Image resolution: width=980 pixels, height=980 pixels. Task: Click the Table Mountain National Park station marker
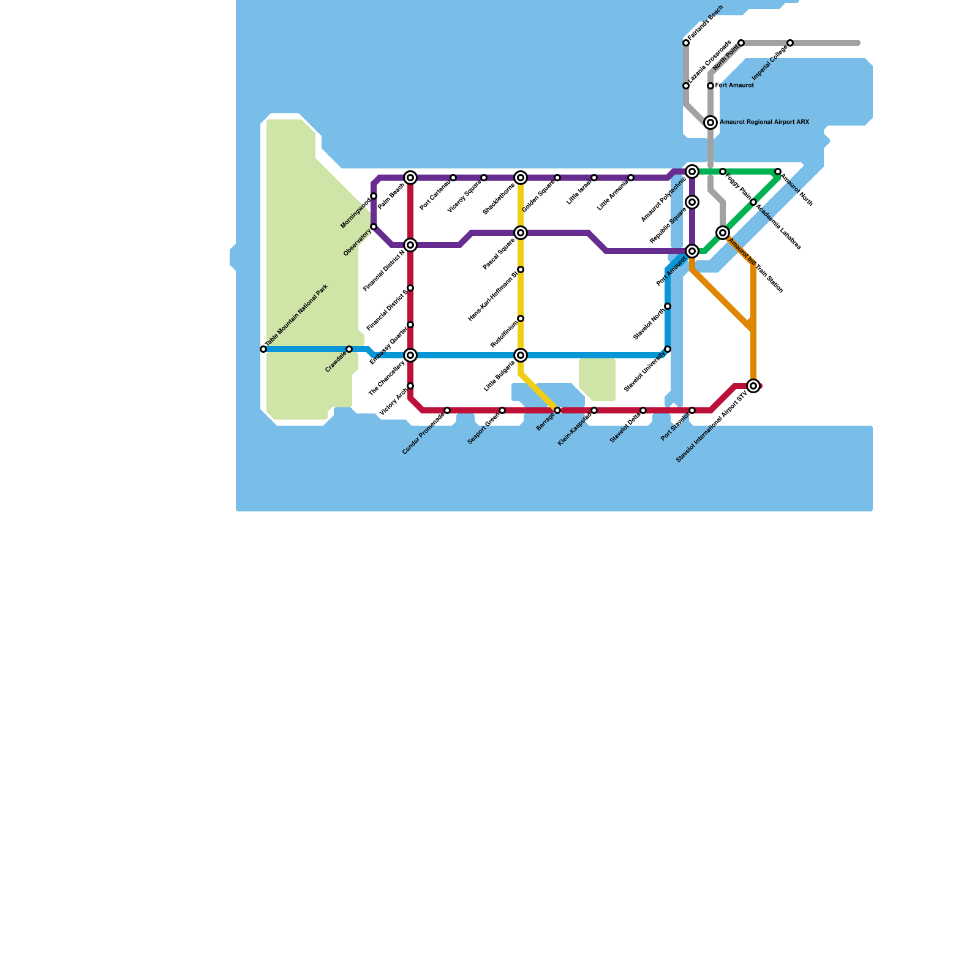click(263, 349)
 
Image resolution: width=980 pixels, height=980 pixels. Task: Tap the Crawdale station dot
click(349, 349)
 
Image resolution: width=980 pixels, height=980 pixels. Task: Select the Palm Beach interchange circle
click(410, 178)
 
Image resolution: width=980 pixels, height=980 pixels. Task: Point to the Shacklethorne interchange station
click(521, 178)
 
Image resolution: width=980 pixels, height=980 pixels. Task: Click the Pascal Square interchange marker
click(521, 233)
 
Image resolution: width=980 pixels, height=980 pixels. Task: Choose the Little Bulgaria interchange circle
click(521, 355)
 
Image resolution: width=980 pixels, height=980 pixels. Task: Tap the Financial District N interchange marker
click(410, 245)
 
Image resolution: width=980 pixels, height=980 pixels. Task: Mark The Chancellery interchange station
click(410, 355)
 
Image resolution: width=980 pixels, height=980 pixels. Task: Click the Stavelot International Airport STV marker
click(753, 386)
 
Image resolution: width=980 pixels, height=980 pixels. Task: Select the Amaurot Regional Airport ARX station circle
click(710, 123)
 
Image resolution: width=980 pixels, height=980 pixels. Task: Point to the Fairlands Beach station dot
click(686, 43)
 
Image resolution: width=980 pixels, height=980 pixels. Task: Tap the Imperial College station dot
click(790, 43)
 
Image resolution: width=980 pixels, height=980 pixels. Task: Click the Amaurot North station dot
click(778, 171)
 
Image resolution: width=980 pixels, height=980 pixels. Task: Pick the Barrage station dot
click(557, 410)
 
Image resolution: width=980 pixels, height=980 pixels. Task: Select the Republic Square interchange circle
click(692, 202)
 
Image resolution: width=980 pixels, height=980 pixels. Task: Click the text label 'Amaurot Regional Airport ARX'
click(764, 123)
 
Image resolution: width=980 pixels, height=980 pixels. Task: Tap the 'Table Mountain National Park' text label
click(297, 316)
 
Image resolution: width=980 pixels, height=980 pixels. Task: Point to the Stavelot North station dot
click(668, 306)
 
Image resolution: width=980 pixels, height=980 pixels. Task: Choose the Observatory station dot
click(374, 227)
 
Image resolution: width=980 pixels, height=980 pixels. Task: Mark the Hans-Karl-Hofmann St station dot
click(521, 269)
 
